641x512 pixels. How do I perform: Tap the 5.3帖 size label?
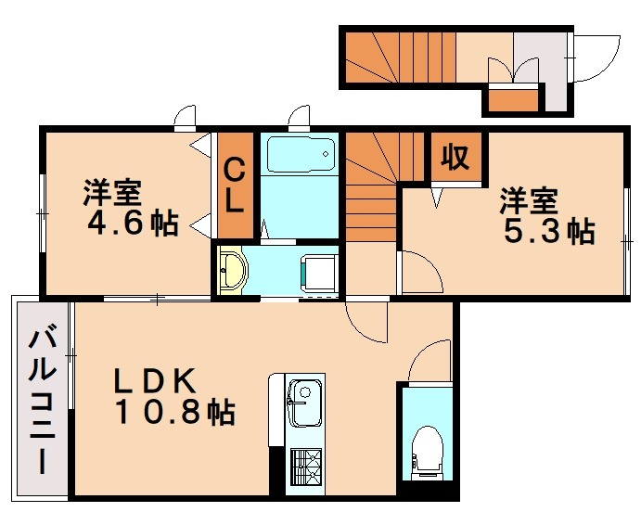(548, 230)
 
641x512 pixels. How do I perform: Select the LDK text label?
(155, 380)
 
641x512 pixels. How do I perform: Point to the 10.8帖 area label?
(174, 411)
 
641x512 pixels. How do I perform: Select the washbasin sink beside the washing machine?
(233, 271)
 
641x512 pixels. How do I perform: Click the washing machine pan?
(317, 271)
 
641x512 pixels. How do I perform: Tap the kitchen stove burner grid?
(305, 463)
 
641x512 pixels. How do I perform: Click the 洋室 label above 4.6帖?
(112, 194)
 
